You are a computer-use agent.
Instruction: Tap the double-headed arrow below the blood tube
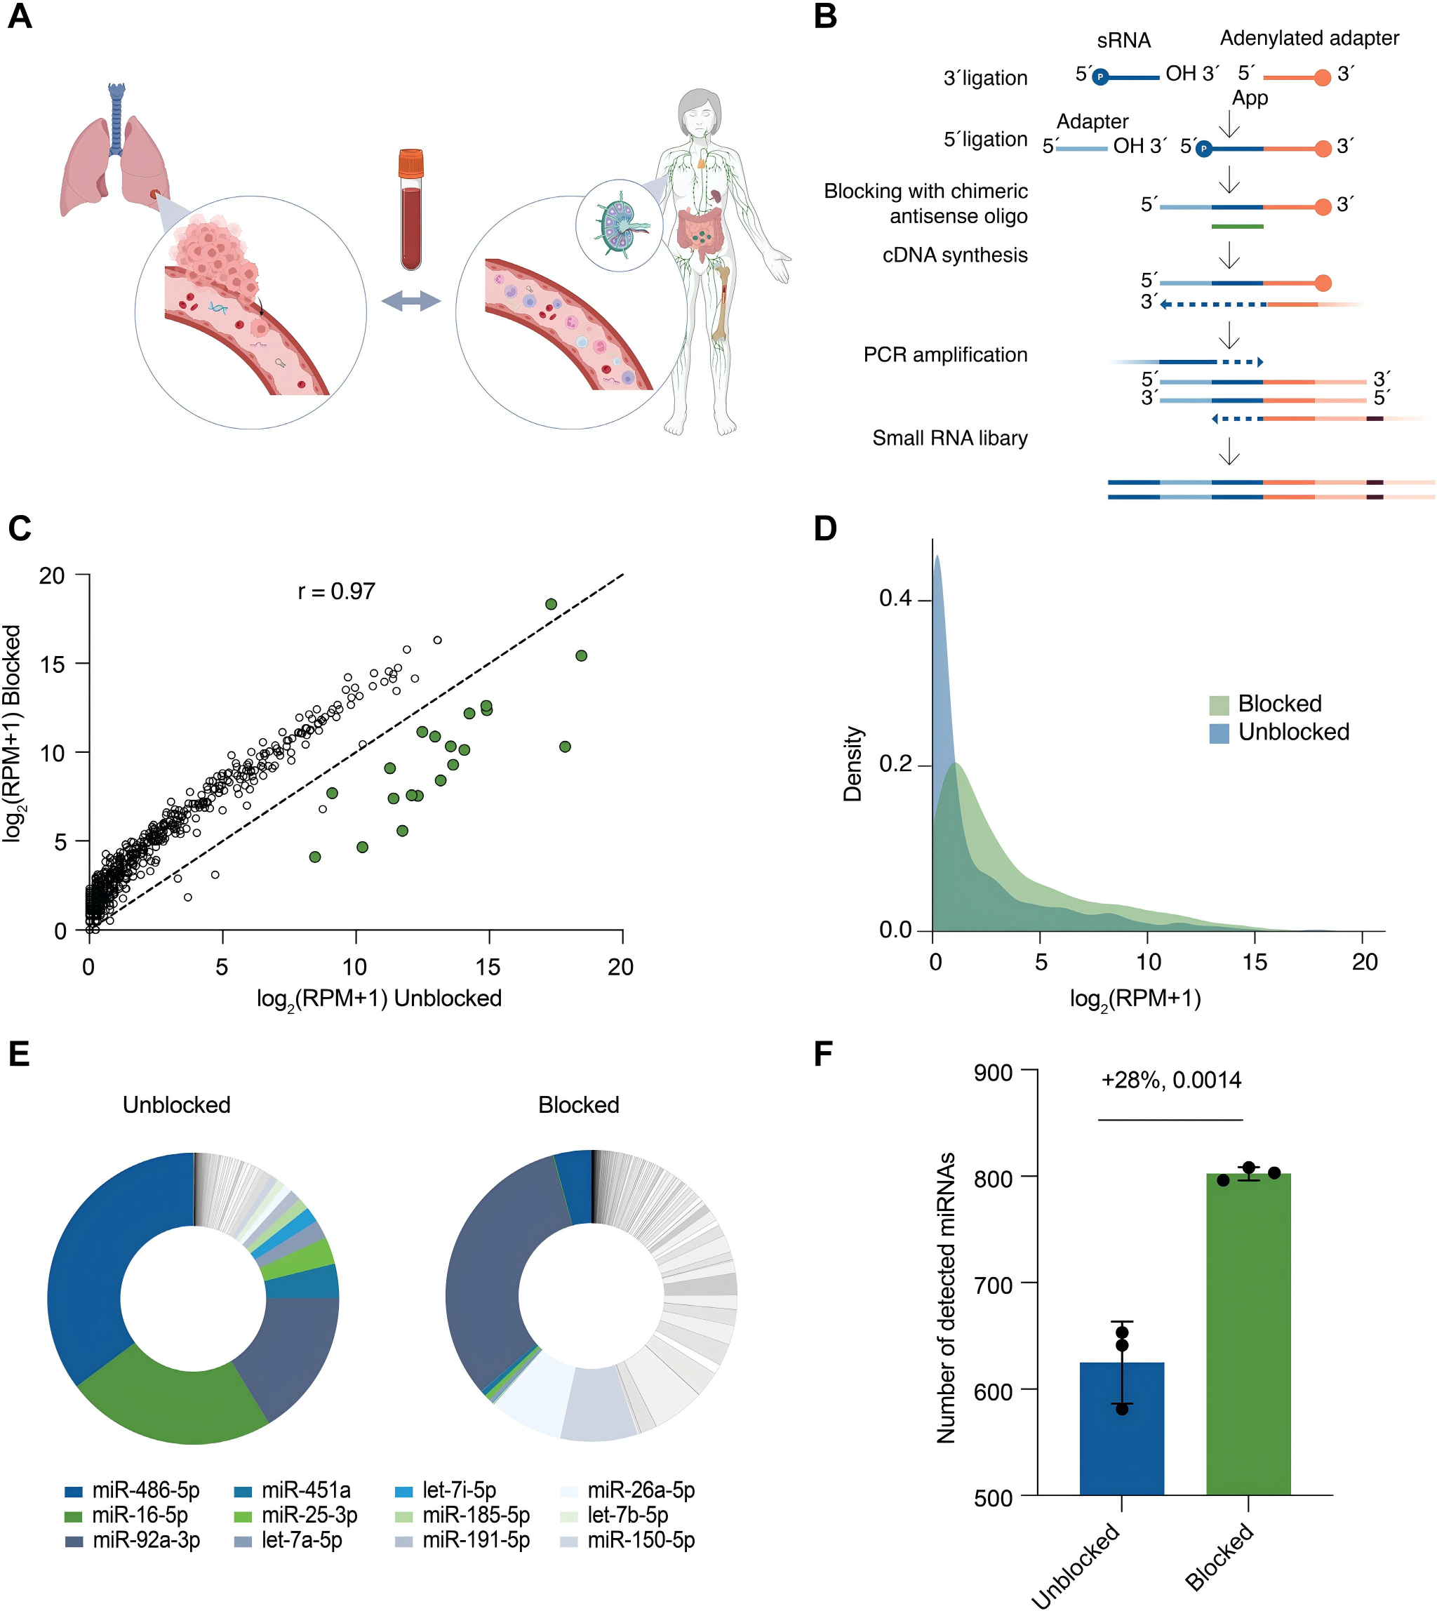click(410, 301)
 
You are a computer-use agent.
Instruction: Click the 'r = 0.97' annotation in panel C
click(336, 591)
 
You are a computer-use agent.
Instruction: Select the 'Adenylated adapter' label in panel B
click(1309, 38)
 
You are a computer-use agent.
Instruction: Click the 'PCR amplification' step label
click(945, 354)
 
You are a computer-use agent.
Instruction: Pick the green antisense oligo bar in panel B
click(1236, 227)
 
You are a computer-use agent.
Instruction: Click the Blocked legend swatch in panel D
click(1219, 704)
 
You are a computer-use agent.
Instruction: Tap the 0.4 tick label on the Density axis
click(895, 599)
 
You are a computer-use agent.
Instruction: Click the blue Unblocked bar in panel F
click(1121, 1429)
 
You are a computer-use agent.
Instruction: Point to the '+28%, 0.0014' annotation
click(1171, 1080)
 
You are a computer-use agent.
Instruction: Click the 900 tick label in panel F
click(994, 1072)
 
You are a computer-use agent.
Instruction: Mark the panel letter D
click(825, 528)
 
